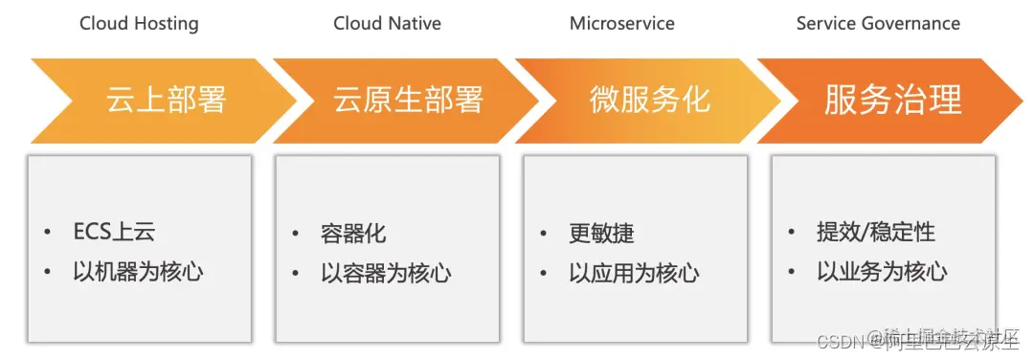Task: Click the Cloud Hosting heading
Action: pos(139,24)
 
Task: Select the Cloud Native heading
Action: pos(387,24)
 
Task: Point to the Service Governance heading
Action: pos(878,24)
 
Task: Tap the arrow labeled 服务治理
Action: pos(891,101)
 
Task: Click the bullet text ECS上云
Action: pos(114,233)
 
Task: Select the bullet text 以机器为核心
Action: pos(138,272)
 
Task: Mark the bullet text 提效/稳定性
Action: pos(875,233)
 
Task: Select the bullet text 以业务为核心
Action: pos(882,272)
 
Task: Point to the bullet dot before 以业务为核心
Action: pos(793,273)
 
